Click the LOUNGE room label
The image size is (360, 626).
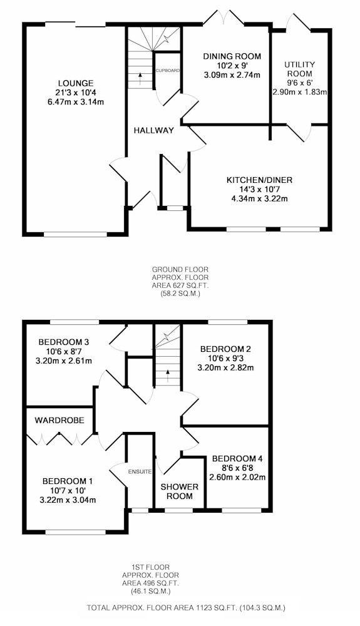[75, 83]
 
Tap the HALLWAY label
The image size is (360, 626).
[153, 130]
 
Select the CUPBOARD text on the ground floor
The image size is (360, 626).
[168, 70]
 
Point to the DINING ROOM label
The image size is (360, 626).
[232, 56]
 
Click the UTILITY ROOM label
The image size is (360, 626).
[300, 69]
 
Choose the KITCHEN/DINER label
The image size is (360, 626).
[259, 180]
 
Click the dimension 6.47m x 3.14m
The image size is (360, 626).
[75, 101]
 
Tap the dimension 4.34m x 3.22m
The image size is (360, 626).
[259, 198]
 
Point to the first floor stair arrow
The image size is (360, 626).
[168, 376]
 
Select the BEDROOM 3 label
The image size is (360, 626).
[63, 342]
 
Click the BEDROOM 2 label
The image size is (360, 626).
[226, 349]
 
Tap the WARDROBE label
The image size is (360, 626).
[59, 421]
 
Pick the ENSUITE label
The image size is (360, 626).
[140, 472]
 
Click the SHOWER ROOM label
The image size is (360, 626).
[180, 491]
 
